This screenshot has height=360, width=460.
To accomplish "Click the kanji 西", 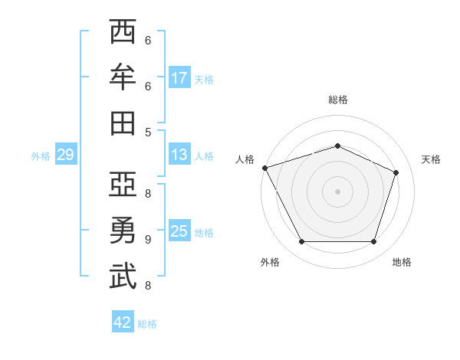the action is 123,31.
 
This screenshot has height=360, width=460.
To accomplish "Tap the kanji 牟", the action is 123,77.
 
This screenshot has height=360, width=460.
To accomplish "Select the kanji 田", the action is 123,123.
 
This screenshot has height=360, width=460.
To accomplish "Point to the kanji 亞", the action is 123,184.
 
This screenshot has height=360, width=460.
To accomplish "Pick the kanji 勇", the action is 123,230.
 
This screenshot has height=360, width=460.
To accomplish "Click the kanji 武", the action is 123,276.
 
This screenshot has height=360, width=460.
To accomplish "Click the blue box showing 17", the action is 179,77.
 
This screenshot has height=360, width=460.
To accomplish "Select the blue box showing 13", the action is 179,154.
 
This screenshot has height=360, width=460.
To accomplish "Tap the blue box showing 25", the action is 179,230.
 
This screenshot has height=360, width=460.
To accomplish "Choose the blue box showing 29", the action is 66,154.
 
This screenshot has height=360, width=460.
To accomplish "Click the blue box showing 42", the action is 123,321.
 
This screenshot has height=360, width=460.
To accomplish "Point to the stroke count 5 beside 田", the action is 148,133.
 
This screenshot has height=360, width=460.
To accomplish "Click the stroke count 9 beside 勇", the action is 148,240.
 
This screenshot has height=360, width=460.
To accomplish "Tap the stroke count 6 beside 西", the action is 148,40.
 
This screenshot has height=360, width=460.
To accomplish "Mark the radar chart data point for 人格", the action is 265,168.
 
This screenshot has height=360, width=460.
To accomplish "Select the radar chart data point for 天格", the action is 396,172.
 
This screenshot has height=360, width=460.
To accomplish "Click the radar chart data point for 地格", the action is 373,241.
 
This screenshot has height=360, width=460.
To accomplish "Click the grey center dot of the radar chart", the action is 337,191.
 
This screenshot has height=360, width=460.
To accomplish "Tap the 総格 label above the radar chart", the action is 338,100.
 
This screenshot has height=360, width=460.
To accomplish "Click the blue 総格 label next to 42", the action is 147,324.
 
